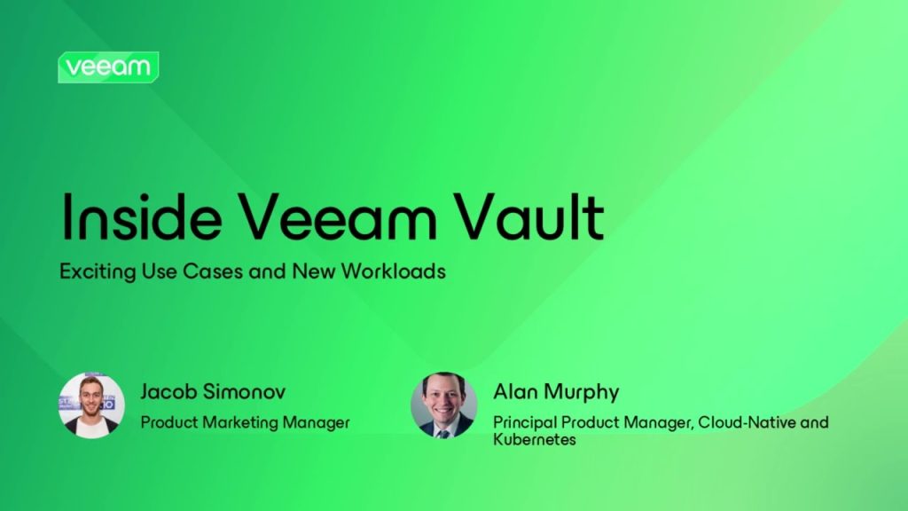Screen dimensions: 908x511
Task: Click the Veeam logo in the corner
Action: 108,67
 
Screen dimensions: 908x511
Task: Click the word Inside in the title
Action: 142,216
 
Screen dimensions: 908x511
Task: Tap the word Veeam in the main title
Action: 338,216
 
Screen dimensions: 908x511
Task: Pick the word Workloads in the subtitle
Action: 393,271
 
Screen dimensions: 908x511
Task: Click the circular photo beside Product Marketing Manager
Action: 91,405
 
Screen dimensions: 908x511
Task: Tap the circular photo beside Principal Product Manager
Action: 444,405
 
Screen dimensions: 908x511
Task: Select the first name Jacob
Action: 168,391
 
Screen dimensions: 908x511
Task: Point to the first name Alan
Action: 515,392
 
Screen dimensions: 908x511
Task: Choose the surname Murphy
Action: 581,393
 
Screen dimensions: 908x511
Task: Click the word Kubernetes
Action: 535,440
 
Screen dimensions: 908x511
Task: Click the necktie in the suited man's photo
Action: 443,432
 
